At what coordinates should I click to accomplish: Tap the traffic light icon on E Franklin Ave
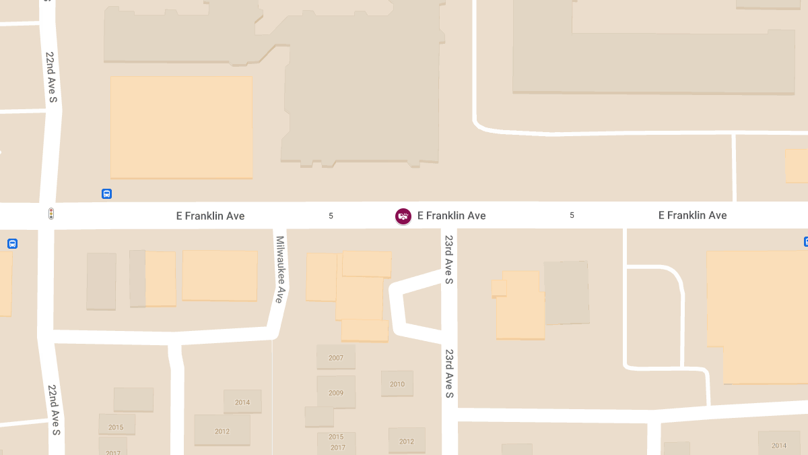point(50,214)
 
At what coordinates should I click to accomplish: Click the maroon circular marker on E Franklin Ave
point(403,216)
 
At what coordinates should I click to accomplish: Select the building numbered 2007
point(336,358)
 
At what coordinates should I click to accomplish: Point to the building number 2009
point(336,393)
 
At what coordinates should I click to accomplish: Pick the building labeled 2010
point(397,384)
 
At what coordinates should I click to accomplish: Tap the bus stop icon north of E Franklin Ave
point(106,194)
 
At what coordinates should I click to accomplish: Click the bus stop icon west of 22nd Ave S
point(12,243)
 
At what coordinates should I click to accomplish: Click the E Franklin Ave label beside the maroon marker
point(452,216)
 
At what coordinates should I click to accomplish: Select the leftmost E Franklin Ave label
point(210,216)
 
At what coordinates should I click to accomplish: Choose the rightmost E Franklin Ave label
point(692,215)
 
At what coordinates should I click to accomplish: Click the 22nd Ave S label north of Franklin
point(51,77)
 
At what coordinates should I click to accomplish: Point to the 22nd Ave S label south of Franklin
point(54,409)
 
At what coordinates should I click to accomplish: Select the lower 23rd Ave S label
point(449,373)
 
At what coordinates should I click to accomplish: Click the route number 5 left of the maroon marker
point(331,216)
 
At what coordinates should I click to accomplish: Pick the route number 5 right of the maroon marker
point(572,215)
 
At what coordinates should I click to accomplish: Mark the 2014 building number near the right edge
point(779,446)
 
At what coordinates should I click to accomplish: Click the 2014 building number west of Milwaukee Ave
point(242,402)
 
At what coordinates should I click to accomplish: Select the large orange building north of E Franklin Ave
point(181,127)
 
